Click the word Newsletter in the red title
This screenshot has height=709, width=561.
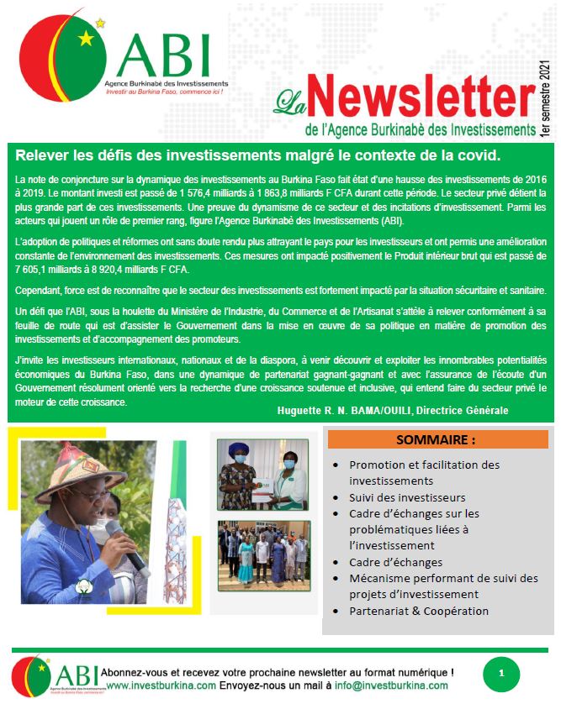(x=417, y=98)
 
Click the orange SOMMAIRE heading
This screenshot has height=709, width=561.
(x=437, y=439)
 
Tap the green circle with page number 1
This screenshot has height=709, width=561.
(x=501, y=674)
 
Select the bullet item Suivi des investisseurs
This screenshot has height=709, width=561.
(x=395, y=497)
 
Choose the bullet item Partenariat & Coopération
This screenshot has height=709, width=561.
(x=419, y=611)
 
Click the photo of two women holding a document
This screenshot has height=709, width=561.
(x=263, y=475)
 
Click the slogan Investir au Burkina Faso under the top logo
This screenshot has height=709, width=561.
(x=165, y=91)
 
